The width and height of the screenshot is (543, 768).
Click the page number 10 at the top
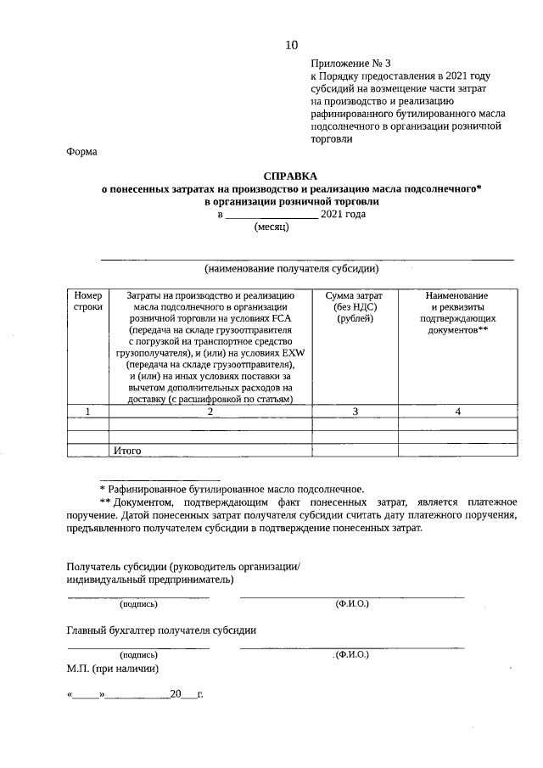point(291,44)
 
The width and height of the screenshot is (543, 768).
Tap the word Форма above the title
point(82,153)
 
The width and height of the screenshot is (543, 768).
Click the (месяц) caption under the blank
point(271,228)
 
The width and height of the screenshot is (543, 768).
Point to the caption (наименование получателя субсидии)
point(290,269)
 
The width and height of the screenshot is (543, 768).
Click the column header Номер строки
point(88,300)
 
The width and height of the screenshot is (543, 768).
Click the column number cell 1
point(88,412)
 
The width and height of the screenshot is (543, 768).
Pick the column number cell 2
point(210,412)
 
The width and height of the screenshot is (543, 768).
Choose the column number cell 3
point(355,412)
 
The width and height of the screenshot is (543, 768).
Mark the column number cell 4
point(457,412)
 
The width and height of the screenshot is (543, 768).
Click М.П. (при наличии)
point(114,668)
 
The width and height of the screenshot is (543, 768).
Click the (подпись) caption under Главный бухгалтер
point(139,655)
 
